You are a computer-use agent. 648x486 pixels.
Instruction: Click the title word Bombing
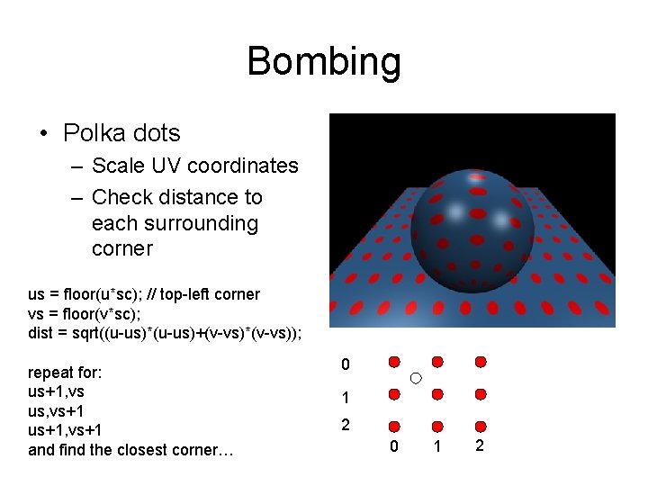(324, 62)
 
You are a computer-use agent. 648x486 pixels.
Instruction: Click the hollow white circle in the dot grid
(416, 379)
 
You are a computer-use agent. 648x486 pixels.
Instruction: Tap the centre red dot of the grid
(437, 394)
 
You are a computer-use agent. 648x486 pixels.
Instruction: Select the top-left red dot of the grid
(394, 362)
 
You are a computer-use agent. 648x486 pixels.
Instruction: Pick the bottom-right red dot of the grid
(481, 427)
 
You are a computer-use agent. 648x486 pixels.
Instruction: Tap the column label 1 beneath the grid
(437, 447)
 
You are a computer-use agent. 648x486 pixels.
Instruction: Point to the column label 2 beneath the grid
(481, 447)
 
